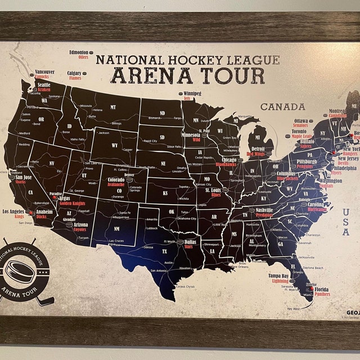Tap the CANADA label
[282, 106]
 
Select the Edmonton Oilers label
[79, 55]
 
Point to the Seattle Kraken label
[43, 87]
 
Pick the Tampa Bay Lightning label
[277, 278]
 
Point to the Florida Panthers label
[322, 291]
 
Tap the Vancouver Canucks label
[44, 74]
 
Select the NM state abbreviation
[116, 229]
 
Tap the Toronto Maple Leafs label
[301, 133]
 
